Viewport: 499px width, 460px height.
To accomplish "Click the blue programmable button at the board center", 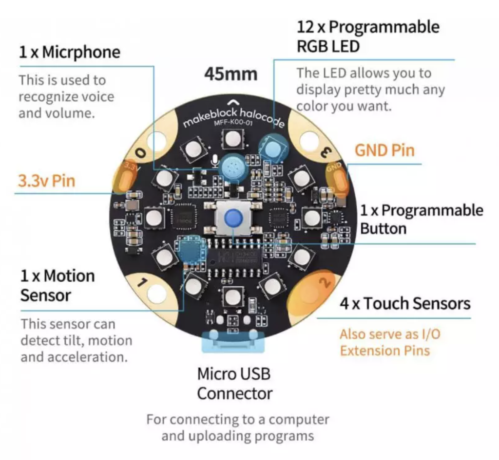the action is (233, 219).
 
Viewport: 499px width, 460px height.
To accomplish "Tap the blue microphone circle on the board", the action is (234, 167).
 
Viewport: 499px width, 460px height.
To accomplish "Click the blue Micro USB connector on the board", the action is (233, 341).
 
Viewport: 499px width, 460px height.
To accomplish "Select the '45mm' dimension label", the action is (230, 74).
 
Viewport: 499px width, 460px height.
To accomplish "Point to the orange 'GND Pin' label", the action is (385, 150).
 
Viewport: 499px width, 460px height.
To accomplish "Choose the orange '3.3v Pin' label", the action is (47, 181).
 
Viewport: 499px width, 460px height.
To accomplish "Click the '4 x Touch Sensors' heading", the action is (405, 304).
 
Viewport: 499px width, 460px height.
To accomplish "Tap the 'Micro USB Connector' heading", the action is (234, 384).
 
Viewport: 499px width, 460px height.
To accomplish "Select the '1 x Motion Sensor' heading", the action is (58, 285).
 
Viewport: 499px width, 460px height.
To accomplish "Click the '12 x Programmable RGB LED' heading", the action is (368, 37).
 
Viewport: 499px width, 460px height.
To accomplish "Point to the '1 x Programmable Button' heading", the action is (422, 220).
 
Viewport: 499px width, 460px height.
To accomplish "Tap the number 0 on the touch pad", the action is (141, 152).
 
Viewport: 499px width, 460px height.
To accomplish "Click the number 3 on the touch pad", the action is (325, 152).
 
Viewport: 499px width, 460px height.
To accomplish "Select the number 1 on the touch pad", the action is (143, 282).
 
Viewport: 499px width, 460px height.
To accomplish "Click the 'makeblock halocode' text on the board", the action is (234, 116).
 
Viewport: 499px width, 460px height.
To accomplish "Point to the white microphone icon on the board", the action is (215, 162).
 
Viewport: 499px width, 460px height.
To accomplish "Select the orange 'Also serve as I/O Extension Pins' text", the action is (390, 342).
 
